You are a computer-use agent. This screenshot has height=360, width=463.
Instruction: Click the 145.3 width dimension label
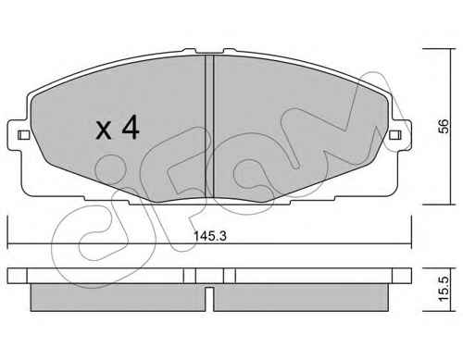pyautogui.click(x=210, y=236)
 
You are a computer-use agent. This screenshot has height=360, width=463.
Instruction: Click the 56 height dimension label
pyautogui.click(x=444, y=126)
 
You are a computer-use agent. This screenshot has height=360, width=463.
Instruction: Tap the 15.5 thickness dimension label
pyautogui.click(x=444, y=289)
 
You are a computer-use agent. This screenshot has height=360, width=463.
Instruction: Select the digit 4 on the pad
pyautogui.click(x=131, y=127)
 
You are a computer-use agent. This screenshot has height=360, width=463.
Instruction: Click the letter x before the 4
pyautogui.click(x=104, y=130)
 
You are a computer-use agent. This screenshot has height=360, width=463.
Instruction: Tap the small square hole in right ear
pyautogui.click(x=395, y=135)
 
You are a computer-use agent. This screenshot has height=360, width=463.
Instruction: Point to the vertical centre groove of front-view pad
pyautogui.click(x=209, y=127)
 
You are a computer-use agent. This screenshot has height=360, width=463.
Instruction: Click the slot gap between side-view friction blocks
pyautogui.click(x=209, y=299)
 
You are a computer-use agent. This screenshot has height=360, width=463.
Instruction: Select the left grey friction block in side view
pyautogui.click(x=118, y=297)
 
